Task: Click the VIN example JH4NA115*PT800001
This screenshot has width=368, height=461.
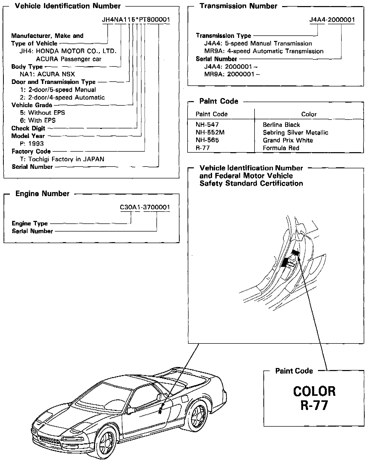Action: pos(136,20)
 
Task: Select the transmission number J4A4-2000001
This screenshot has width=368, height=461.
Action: pos(332,20)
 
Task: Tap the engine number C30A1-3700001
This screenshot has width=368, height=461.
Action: pos(145,207)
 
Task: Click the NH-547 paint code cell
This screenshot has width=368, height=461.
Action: pos(207,125)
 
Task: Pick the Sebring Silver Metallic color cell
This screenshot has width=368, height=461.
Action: pos(295,132)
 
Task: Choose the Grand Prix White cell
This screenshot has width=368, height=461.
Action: pos(288,140)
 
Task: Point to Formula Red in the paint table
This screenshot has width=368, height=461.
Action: pos(281,148)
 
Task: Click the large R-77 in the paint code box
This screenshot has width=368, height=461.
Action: pos(314,405)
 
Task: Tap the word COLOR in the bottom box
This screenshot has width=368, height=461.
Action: pos(314,391)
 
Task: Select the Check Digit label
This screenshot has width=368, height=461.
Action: pos(28,128)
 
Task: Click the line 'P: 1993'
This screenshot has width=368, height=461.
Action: pos(32,144)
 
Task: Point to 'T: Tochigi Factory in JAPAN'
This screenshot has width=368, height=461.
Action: pos(62,159)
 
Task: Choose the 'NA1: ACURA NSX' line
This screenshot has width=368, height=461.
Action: pos(47,74)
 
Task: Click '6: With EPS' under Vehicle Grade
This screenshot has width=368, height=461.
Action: pos(38,120)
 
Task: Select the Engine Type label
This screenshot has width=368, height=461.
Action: pos(30,223)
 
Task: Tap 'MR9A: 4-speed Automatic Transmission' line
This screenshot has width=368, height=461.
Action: pos(264,51)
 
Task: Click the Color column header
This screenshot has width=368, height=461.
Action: pos(309,114)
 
